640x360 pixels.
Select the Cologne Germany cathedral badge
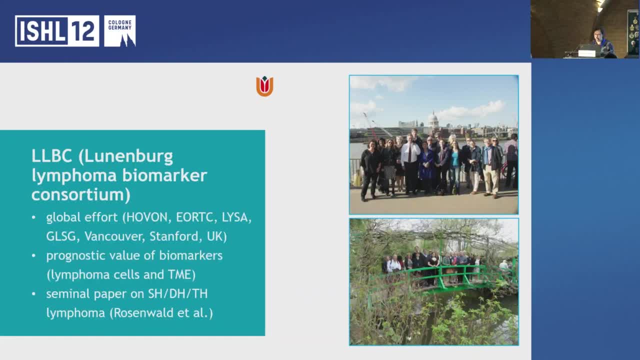(119, 31)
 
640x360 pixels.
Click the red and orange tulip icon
(264, 86)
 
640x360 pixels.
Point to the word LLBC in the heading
(52, 156)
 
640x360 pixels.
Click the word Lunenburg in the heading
(128, 156)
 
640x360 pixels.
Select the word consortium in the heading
(80, 194)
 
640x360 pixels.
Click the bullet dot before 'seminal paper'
(33, 294)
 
